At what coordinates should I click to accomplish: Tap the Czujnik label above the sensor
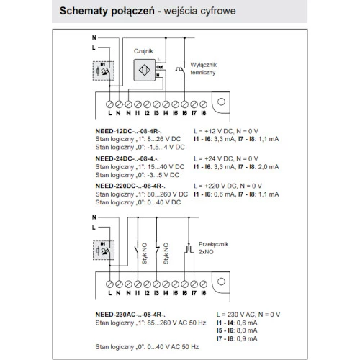[143, 51]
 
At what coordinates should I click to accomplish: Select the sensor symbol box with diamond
[145, 70]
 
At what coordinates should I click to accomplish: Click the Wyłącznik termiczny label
[203, 68]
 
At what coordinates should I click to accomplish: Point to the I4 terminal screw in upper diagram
[166, 104]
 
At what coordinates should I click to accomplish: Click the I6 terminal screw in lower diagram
[184, 284]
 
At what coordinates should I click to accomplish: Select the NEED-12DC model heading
[128, 131]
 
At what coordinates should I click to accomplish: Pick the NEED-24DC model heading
[127, 158]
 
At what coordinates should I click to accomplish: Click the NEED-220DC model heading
[130, 186]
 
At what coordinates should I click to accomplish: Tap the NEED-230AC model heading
[130, 315]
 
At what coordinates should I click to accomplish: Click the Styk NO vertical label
[145, 253]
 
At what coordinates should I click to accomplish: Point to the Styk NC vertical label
[166, 253]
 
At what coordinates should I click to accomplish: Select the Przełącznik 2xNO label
[213, 248]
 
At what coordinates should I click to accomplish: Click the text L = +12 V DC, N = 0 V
[226, 131]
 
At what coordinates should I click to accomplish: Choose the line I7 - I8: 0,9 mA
[237, 338]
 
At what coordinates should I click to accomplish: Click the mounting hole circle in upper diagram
[221, 102]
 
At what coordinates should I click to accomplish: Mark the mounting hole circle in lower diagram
[221, 282]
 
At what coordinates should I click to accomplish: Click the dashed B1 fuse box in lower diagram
[104, 251]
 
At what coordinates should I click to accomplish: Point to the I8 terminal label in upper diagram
[204, 113]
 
